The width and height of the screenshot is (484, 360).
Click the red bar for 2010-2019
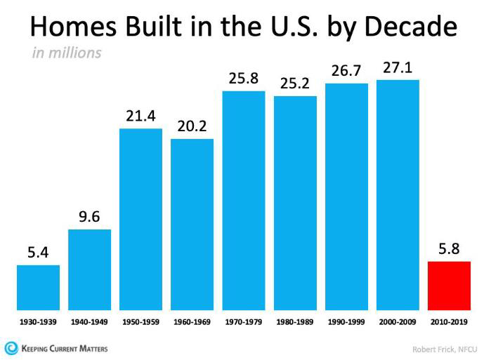449,286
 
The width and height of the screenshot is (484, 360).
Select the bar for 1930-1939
38,288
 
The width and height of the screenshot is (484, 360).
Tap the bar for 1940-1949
89,269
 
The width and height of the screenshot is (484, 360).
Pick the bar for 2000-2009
398,195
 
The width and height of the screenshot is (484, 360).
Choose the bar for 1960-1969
192,225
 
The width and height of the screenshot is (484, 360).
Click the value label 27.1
398,68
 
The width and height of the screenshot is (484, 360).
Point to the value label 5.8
449,248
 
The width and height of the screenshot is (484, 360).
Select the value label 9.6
89,217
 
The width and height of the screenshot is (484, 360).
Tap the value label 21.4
140,116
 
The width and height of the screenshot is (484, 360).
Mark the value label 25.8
244,79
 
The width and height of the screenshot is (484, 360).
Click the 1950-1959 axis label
140,322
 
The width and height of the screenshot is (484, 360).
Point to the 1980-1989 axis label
295,322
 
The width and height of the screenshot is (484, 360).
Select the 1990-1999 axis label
346,322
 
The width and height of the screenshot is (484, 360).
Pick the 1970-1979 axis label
244,322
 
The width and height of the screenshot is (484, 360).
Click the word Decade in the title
411,26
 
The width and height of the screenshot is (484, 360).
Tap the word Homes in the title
74,26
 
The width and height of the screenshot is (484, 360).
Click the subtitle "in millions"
67,53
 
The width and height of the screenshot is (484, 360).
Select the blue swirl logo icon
11,349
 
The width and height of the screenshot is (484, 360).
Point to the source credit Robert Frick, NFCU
445,349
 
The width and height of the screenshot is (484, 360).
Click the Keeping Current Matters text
65,349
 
